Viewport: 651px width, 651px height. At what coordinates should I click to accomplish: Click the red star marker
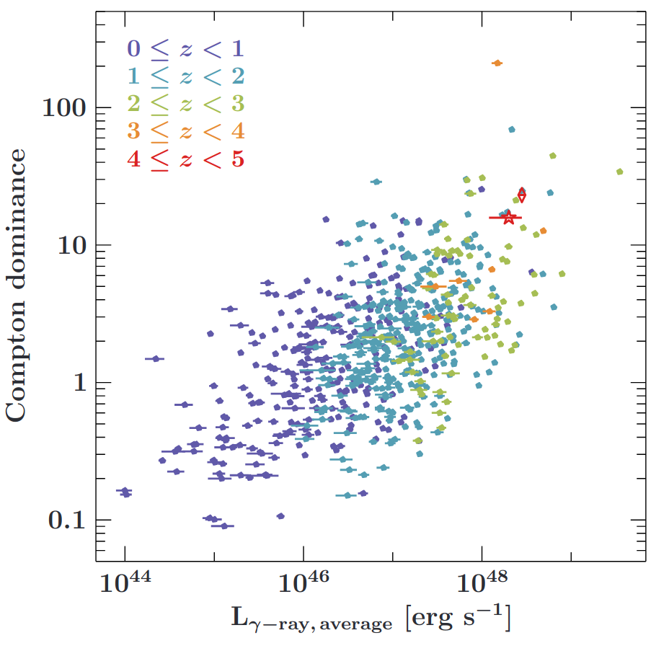pos(509,218)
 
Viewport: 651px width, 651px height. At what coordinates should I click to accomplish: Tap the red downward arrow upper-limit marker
pos(522,195)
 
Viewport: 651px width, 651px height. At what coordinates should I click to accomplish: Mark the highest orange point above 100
pos(497,63)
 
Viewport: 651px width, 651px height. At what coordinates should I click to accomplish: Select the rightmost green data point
pos(619,172)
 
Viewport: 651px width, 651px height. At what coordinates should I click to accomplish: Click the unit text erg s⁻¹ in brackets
pos(458,618)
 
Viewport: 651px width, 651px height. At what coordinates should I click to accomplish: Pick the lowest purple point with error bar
pos(224,526)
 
